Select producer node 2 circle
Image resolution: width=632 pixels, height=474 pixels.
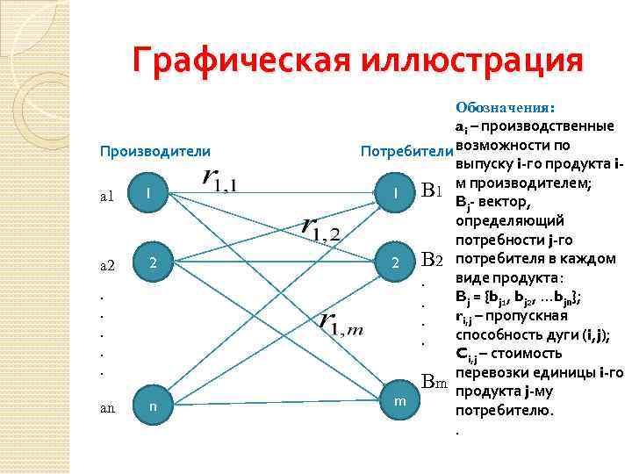(153, 262)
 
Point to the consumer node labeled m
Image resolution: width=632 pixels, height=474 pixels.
(399, 400)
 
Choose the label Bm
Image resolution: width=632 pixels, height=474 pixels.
(435, 382)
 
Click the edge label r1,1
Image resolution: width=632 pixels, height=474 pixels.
(224, 179)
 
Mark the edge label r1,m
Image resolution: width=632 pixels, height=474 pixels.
(343, 324)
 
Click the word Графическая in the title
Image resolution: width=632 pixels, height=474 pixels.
(240, 61)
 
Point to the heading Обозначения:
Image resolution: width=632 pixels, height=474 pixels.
(505, 108)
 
